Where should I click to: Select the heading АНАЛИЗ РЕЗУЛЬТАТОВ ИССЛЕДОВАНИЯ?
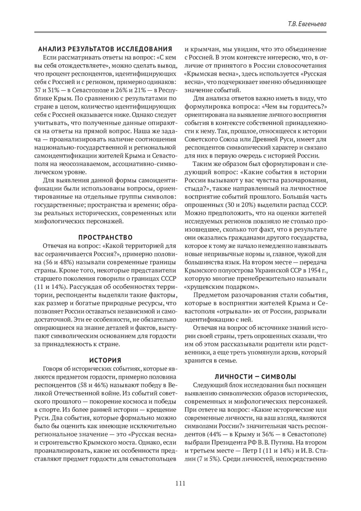(x=105, y=49)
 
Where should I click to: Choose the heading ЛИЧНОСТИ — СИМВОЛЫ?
(x=255, y=376)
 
